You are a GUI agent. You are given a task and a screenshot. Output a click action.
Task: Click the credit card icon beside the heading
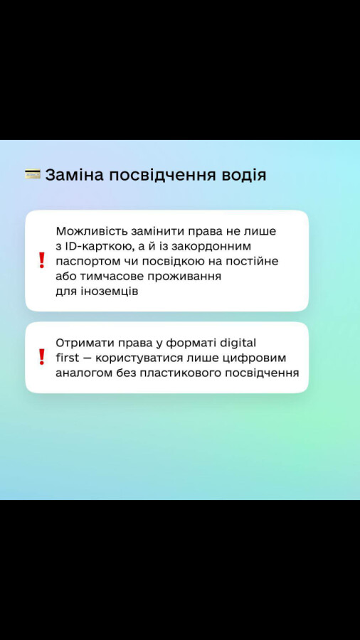pos(33,175)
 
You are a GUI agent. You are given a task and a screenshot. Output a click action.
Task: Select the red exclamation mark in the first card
pos(41,260)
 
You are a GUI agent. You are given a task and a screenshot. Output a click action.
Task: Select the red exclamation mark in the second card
pos(41,357)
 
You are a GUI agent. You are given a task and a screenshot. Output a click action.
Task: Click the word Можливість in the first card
pos(92,231)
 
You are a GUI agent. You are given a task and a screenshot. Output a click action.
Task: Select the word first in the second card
pos(68,358)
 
